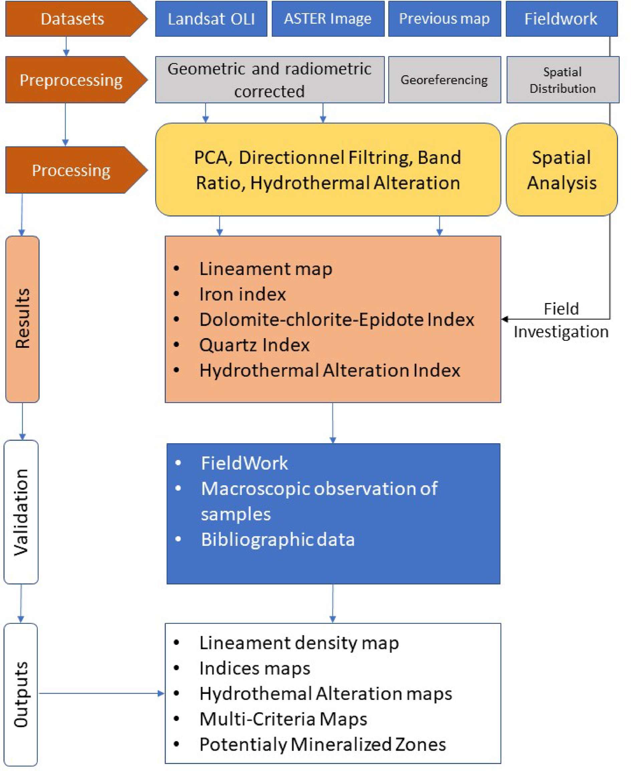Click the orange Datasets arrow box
point(73,19)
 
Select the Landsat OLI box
point(211,19)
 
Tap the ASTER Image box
point(328,19)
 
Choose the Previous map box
point(444,19)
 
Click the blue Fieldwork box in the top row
point(561,19)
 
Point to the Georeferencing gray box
point(444,79)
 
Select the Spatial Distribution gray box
point(563,80)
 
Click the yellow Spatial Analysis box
point(562,170)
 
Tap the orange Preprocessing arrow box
point(71,80)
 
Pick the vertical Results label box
point(23,319)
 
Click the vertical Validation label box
point(21,512)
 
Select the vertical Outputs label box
point(21,694)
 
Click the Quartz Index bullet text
point(254,345)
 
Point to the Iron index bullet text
point(242,294)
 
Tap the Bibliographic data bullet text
point(278,540)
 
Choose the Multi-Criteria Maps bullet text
point(283,719)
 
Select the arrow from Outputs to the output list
point(102,693)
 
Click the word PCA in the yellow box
point(213,158)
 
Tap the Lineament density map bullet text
point(299,643)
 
